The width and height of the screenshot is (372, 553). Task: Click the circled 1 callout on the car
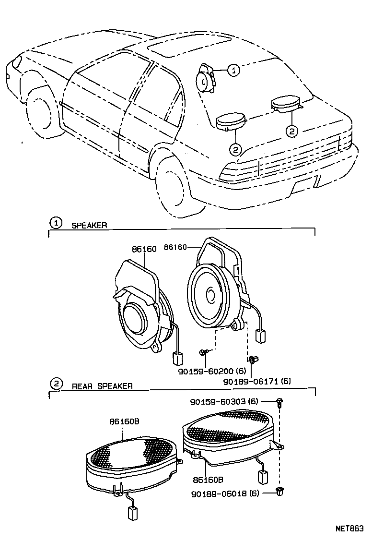pos(233,70)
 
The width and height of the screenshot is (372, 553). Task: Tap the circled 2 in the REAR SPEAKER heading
pos(56,384)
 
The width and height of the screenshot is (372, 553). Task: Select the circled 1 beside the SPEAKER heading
pos(56,223)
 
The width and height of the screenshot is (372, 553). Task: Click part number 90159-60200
pos(217,371)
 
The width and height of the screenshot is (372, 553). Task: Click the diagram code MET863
pos(349,528)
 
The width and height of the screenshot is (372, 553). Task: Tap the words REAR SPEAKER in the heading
pos(102,386)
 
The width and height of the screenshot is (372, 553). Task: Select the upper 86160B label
pos(124,421)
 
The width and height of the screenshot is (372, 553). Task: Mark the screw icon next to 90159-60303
pos(279,401)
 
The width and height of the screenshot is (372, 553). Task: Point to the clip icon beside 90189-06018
pos(279,491)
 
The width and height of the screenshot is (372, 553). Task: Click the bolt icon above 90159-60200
pos(204,353)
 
